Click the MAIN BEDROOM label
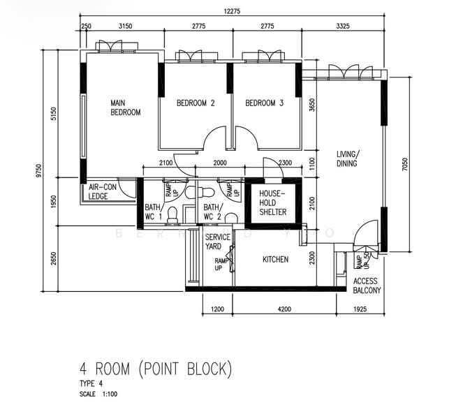coord(125,108)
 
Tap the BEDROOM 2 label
coord(195,103)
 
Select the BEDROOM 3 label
coord(264,103)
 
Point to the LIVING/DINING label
coord(346,159)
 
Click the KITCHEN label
coord(275,260)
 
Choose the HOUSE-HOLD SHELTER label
coord(272,203)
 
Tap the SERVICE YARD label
coord(217,242)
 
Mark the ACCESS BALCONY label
coord(367,286)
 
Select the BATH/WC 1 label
coord(153,212)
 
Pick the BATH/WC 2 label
coord(212,212)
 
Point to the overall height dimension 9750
coord(39,171)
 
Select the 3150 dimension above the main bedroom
coord(125,26)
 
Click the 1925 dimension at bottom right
coord(360,307)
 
